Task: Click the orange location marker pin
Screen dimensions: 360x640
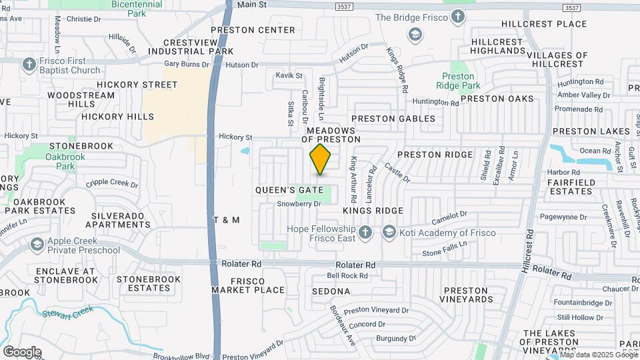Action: point(321,159)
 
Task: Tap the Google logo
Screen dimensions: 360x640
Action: point(21,351)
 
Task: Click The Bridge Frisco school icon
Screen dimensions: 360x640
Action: point(458,18)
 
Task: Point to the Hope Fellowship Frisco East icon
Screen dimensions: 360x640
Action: point(365,232)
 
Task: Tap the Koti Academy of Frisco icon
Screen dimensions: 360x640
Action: point(389,232)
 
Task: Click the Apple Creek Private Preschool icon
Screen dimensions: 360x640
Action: point(37,245)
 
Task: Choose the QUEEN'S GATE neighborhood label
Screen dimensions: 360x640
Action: point(289,190)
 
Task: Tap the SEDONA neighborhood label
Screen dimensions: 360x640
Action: point(331,291)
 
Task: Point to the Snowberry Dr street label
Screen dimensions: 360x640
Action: point(299,204)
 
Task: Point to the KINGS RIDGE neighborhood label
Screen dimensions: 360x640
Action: point(373,211)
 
